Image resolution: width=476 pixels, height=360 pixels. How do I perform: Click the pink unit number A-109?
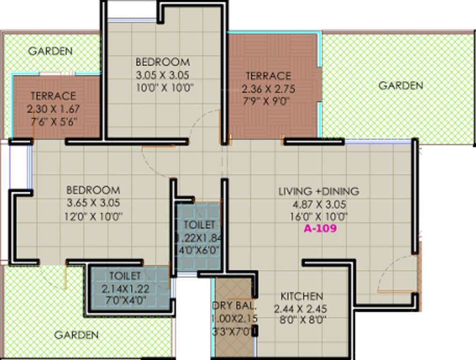point(320,229)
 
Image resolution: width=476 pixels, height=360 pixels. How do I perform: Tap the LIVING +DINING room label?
point(319,191)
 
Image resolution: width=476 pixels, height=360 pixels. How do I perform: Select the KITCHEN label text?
point(302,296)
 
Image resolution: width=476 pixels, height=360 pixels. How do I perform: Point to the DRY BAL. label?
point(235,306)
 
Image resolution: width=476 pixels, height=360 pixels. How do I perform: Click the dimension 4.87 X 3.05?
point(319,204)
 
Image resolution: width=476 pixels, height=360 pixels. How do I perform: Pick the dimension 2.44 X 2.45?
point(300,309)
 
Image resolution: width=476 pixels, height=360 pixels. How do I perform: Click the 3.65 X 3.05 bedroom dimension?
point(93,203)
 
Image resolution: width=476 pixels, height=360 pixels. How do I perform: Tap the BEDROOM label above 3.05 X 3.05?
point(163,62)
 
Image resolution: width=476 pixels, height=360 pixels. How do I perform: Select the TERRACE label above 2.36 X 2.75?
point(268,76)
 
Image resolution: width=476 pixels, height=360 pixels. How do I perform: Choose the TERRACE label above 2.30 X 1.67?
point(53,96)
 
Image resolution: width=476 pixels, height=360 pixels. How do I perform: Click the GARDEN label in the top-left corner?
point(50,51)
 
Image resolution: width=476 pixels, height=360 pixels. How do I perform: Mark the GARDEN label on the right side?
point(401,85)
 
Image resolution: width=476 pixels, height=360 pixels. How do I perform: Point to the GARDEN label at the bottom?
point(76,335)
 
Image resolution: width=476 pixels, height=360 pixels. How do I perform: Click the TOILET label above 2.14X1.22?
point(125,275)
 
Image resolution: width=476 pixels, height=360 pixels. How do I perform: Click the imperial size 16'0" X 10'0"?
point(319,217)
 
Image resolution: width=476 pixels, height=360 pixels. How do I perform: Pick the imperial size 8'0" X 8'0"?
point(300,321)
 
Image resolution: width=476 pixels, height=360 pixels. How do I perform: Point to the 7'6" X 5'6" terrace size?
point(53,121)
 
